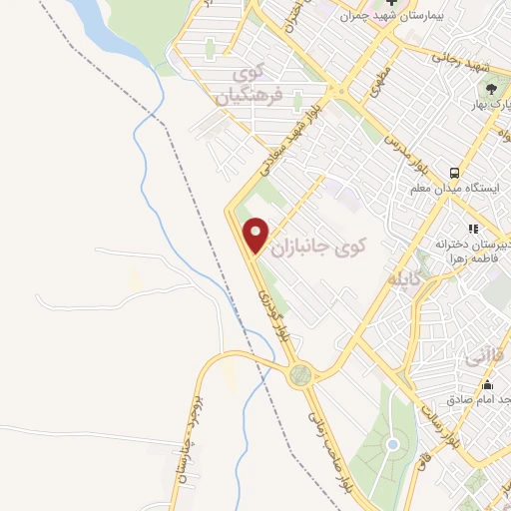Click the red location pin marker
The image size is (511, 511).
tap(256, 235)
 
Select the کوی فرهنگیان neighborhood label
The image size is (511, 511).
tap(250, 85)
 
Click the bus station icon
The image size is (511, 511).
tap(454, 172)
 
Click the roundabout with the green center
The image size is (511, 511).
tap(299, 374)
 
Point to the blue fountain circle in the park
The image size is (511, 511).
tap(392, 444)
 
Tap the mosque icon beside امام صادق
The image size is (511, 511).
tap(487, 386)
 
